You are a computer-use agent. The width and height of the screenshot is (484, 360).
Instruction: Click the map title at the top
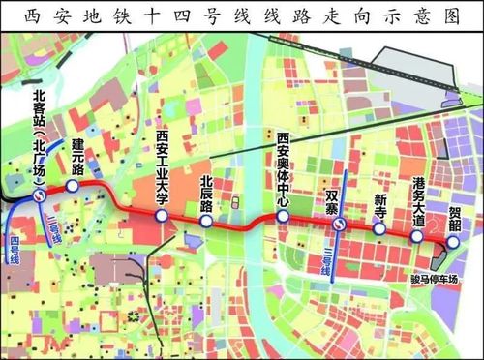tap(242, 16)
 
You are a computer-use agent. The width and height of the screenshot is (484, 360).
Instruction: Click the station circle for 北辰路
tap(206, 222)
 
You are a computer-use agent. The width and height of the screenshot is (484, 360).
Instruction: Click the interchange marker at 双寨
tap(340, 225)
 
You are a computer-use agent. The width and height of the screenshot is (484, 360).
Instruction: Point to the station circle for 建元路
tap(72, 186)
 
